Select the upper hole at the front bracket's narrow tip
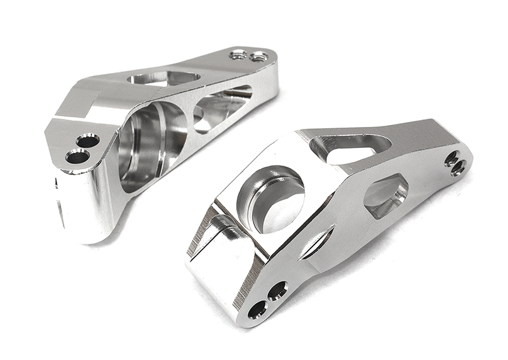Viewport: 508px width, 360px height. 451,158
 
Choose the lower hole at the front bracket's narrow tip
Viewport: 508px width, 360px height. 458,168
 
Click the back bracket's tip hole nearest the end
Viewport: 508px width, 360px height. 257,57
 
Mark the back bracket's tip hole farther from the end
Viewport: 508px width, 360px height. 239,55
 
